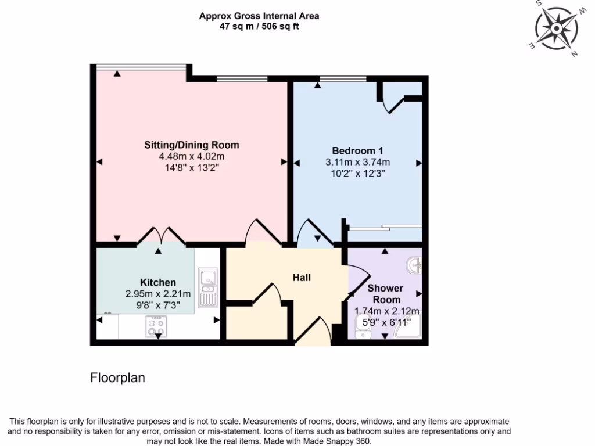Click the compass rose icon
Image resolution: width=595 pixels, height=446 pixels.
[x=557, y=29]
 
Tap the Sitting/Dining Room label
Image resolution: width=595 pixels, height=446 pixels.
[x=192, y=145]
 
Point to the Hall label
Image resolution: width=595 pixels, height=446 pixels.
[x=302, y=278]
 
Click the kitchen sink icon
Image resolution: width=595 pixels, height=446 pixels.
[x=207, y=287]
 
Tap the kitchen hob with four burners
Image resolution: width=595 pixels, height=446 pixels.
[x=156, y=326]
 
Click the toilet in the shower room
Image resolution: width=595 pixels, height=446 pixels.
[x=361, y=332]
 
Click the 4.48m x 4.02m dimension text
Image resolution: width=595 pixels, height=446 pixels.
[x=192, y=157]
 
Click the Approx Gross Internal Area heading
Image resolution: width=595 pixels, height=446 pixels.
[x=259, y=16]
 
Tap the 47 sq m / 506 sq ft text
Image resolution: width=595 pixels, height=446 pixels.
[x=259, y=27]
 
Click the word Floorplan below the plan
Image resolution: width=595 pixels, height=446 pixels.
[x=117, y=378]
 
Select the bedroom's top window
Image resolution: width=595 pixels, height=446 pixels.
[x=343, y=78]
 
